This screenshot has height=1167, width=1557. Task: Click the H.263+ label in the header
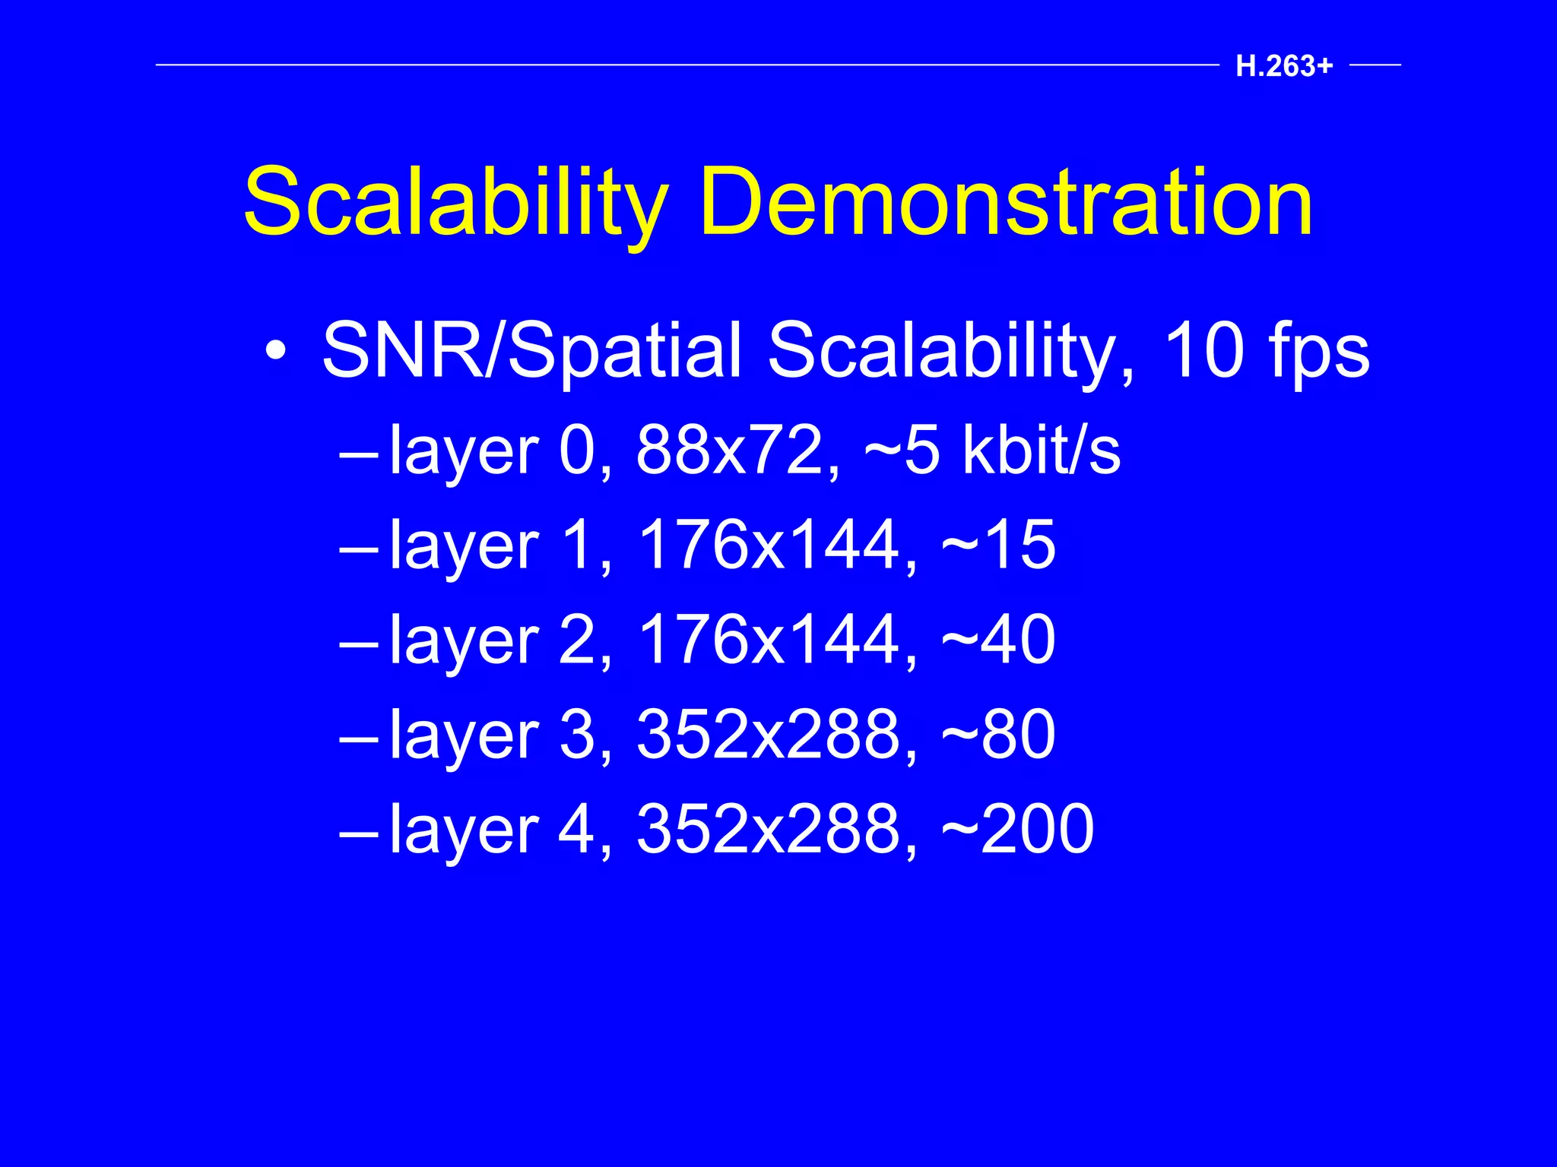click(1284, 67)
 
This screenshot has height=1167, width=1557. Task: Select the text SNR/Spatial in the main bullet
click(531, 351)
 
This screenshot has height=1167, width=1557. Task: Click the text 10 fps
click(1266, 351)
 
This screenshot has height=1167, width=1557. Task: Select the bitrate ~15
click(998, 545)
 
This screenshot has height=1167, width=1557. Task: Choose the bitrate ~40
click(998, 640)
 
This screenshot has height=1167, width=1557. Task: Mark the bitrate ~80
click(998, 735)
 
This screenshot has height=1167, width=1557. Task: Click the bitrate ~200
click(1017, 829)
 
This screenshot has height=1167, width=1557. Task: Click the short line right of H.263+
click(1375, 65)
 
